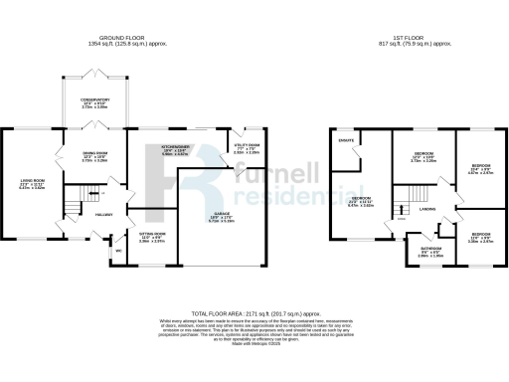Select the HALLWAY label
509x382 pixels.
pyautogui.click(x=102, y=213)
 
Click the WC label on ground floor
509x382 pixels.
pyautogui.click(x=118, y=251)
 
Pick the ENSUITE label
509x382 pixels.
pyautogui.click(x=348, y=141)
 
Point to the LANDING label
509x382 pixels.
pyautogui.click(x=427, y=208)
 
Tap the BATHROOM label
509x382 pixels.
pyautogui.click(x=430, y=249)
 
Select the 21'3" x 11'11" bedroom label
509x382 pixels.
pyautogui.click(x=360, y=203)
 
